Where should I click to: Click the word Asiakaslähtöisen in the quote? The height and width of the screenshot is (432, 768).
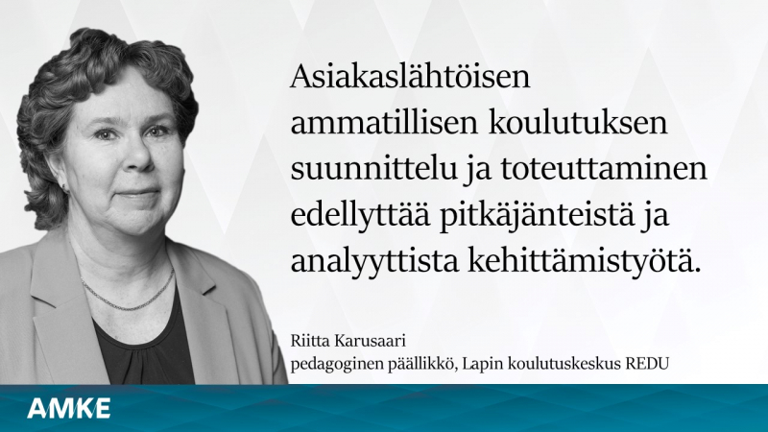(x=411, y=78)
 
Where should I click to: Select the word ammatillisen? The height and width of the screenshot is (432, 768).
(x=384, y=123)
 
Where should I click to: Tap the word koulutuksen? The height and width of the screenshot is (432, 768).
(x=578, y=123)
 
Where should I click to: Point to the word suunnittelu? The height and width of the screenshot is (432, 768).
(x=372, y=169)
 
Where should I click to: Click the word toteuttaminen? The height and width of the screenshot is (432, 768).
(x=604, y=169)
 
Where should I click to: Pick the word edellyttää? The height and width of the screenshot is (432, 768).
(x=361, y=216)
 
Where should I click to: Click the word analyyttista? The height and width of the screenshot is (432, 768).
(x=374, y=262)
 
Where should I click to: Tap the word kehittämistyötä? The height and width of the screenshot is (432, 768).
(x=582, y=262)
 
